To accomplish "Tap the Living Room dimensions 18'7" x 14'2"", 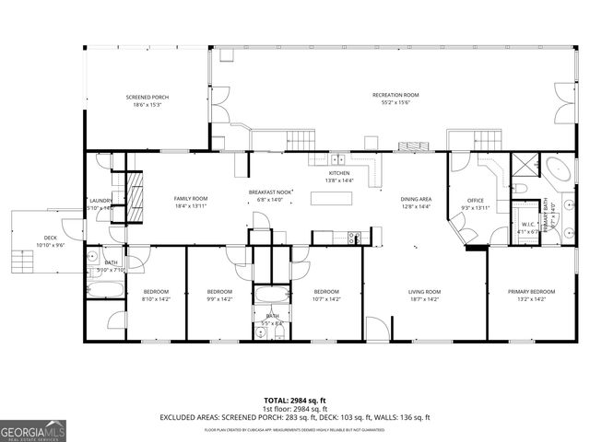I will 425,299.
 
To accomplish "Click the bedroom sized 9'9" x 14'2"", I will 219,295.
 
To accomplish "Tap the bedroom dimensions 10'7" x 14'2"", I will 327,299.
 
